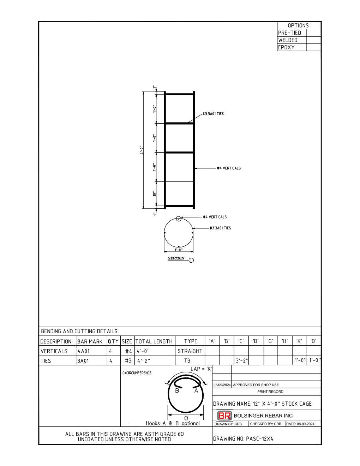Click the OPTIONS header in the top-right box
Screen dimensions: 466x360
[x=298, y=25]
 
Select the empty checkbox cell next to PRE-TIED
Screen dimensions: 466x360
[x=313, y=33]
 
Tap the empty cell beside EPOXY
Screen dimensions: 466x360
[x=313, y=47]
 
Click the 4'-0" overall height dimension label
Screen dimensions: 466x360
[x=142, y=150]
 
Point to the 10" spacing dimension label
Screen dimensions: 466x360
[x=154, y=194]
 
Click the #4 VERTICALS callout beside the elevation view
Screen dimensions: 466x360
[x=229, y=168]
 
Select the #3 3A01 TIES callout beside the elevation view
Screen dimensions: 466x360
[x=213, y=114]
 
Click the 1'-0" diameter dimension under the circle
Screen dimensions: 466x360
[x=179, y=250]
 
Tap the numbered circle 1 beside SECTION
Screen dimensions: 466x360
[x=191, y=260]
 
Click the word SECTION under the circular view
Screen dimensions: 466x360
[x=176, y=258]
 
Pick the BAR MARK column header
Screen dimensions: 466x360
[x=90, y=341]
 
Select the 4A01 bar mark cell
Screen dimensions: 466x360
[x=84, y=351]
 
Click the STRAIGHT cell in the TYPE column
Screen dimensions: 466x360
[x=190, y=351]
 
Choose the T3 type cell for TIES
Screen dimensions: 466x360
[x=187, y=361]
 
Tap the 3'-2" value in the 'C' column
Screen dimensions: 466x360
[x=242, y=361]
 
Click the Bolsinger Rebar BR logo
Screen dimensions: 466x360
[x=224, y=416]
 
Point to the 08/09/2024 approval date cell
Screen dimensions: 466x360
[x=222, y=385]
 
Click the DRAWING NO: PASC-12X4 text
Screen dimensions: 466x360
[x=243, y=439]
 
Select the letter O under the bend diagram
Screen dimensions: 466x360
[x=186, y=418]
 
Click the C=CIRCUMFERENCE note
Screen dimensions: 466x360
[x=137, y=373]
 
